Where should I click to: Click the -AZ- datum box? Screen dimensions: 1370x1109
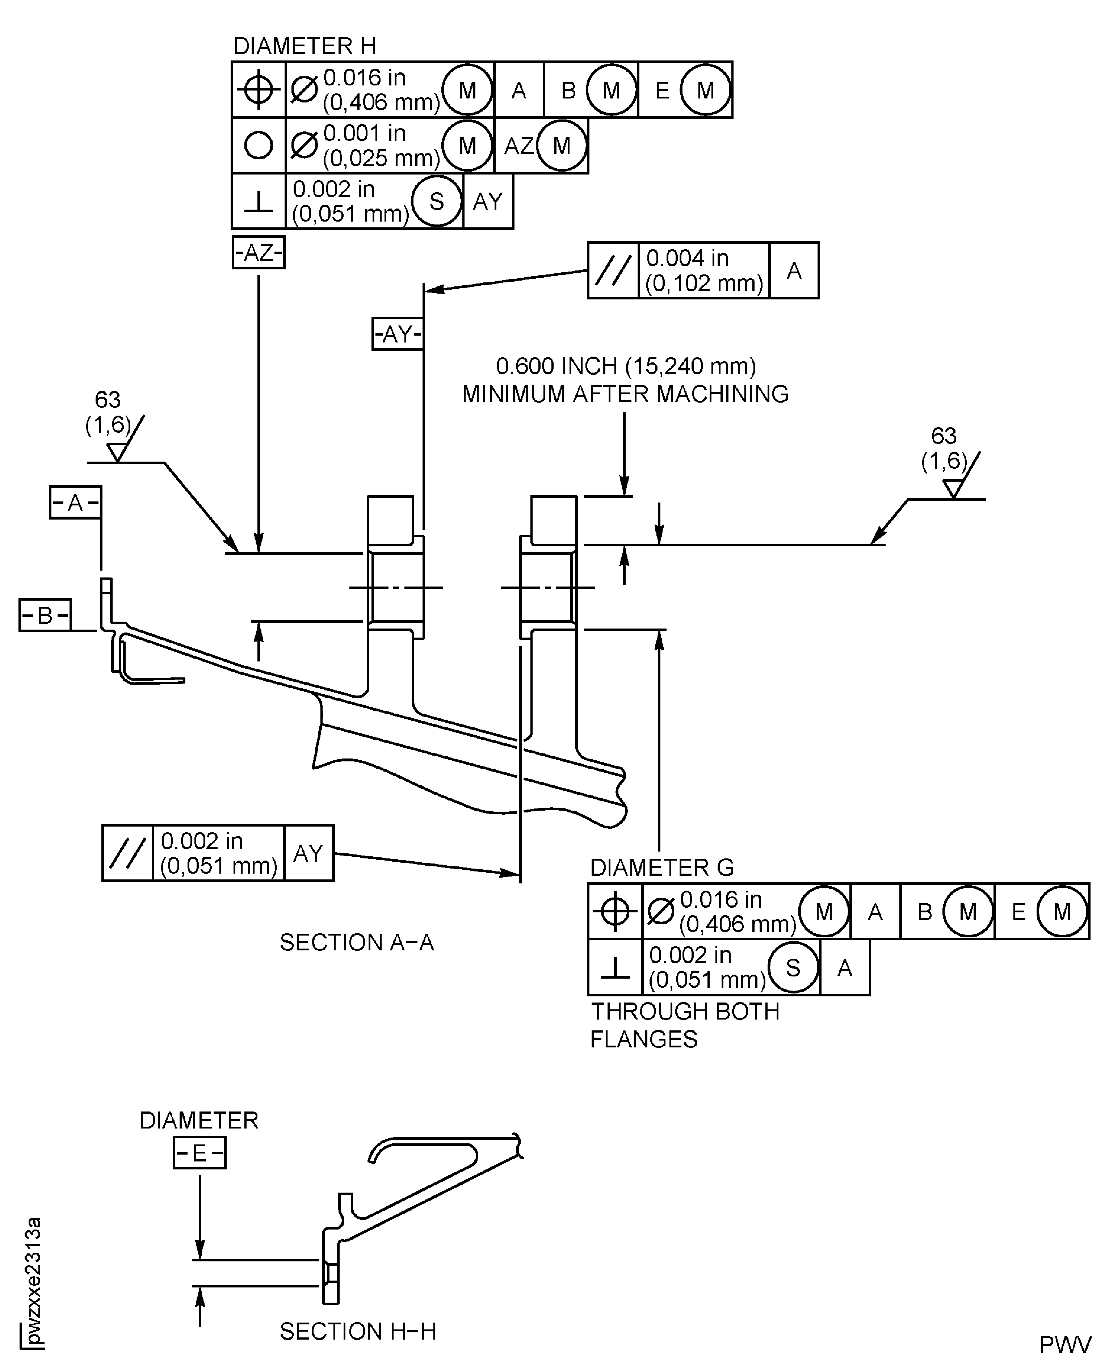click(258, 253)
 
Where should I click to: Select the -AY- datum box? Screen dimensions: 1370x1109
click(397, 334)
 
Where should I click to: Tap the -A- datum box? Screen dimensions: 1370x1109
click(75, 503)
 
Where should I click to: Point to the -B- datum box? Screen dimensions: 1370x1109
click(45, 615)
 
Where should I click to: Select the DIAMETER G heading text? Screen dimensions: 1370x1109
click(662, 867)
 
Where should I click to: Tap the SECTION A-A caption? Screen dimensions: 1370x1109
click(357, 943)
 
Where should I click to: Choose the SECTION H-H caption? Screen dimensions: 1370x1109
click(358, 1332)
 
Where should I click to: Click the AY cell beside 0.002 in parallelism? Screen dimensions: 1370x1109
click(308, 853)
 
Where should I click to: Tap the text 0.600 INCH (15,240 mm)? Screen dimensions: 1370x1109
click(626, 366)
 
